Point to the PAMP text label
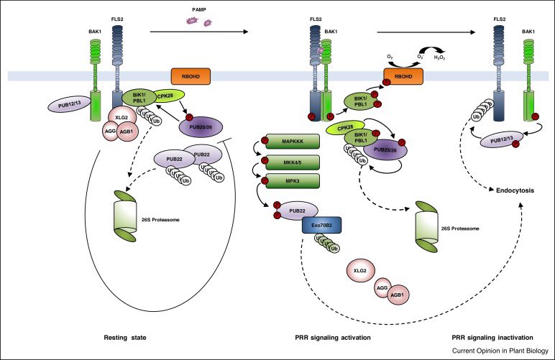click(201, 10)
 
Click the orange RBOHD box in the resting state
click(190, 77)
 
